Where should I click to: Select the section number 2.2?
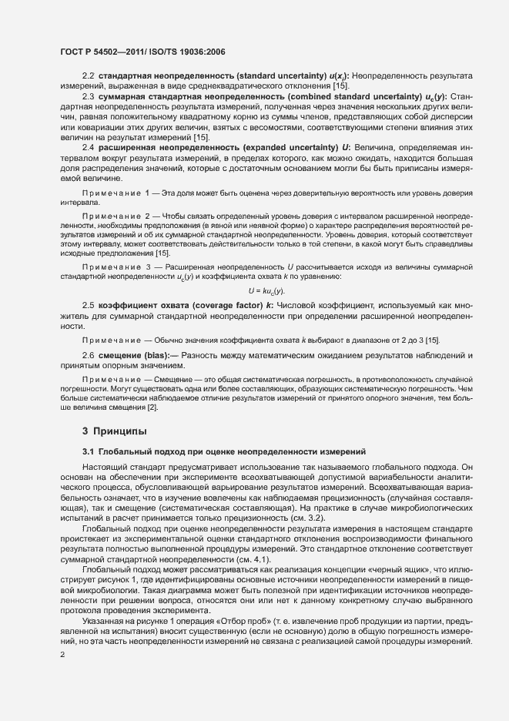click(88, 75)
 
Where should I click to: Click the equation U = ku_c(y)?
click(266, 290)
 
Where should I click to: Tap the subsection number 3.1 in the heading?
click(88, 449)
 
